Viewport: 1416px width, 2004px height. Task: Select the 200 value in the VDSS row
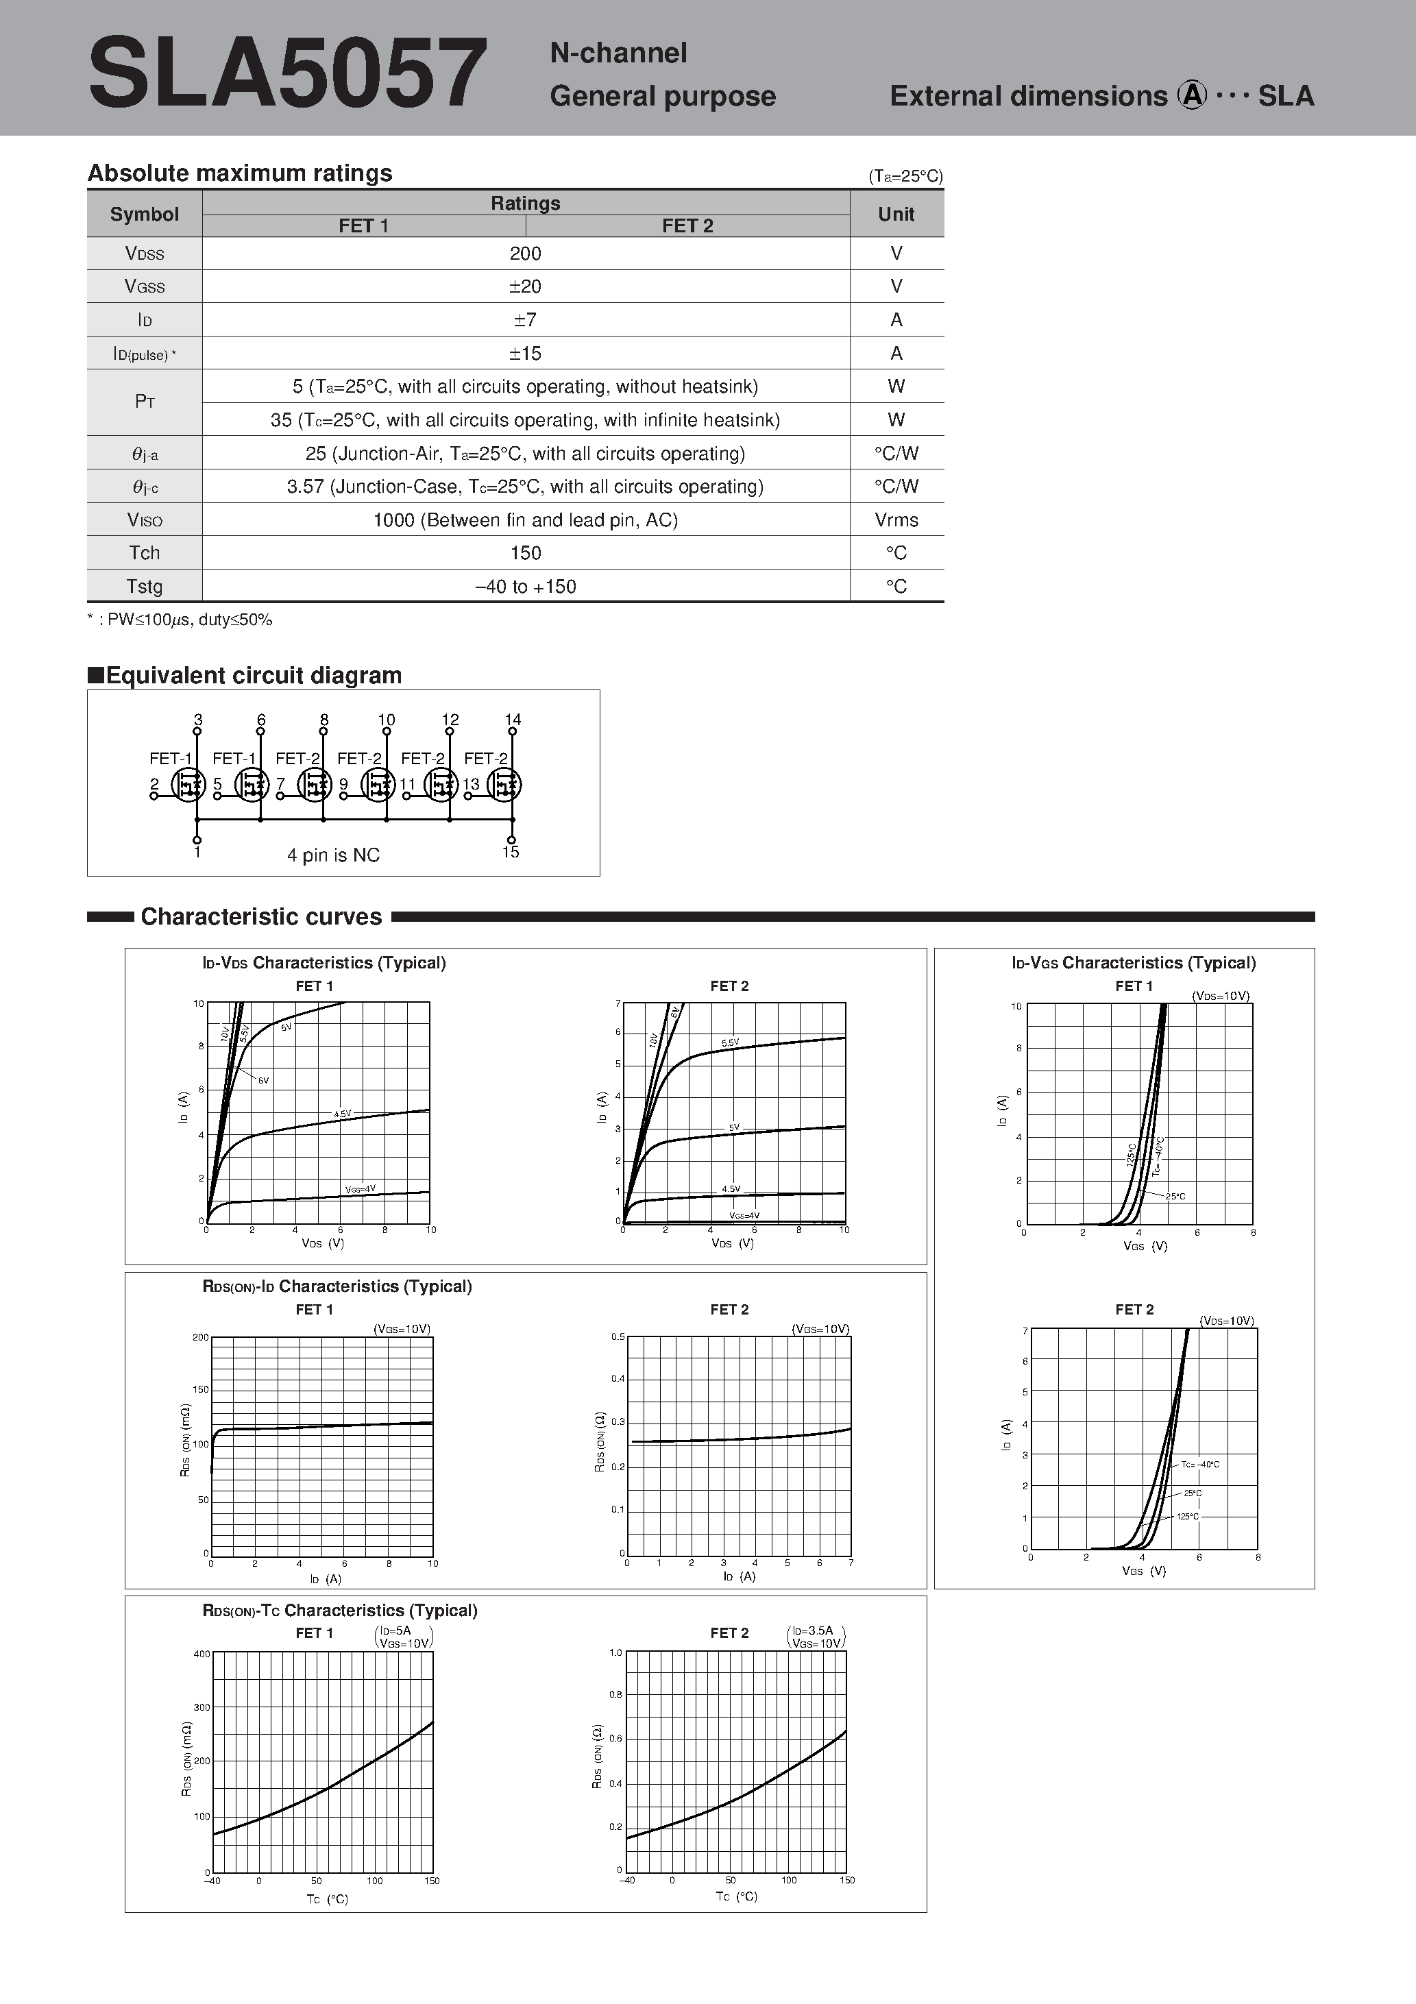point(525,253)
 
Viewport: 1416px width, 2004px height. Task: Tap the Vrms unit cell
point(896,520)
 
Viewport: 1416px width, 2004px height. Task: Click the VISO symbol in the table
point(144,520)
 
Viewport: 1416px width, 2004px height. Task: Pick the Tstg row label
point(144,587)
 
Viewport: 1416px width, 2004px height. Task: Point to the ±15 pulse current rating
point(525,354)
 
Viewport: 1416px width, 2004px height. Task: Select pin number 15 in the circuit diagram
point(511,852)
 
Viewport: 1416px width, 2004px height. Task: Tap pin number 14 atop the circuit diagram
point(513,719)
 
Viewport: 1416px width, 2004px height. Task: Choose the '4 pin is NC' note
point(334,855)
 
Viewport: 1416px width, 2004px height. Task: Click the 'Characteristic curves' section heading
point(261,916)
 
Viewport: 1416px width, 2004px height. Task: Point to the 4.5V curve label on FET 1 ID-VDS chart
point(342,1114)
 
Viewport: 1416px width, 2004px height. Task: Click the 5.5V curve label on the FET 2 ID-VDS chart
point(730,1043)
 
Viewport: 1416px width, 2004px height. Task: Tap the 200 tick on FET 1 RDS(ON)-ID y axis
point(200,1337)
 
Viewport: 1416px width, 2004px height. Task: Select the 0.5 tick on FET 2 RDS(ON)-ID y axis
point(618,1336)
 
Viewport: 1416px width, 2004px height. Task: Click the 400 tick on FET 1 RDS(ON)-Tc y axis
point(201,1654)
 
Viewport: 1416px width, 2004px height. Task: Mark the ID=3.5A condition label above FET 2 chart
point(813,1630)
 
